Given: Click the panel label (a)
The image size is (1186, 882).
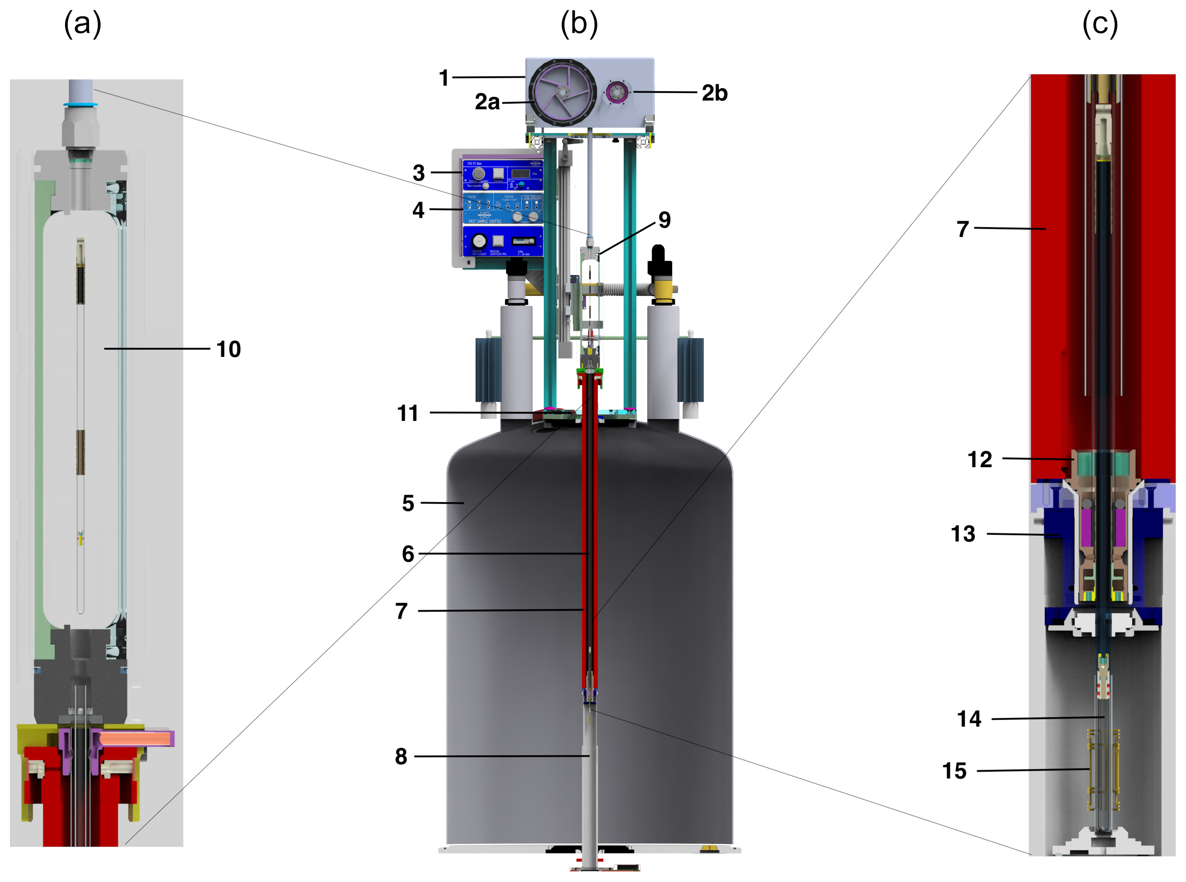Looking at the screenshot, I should coord(83,24).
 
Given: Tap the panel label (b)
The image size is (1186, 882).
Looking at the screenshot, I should coord(579,24).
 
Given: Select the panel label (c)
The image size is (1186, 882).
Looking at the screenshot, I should coord(1100,24).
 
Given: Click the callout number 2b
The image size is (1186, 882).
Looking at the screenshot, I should coord(714,93).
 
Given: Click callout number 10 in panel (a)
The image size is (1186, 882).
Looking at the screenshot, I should coord(228,349).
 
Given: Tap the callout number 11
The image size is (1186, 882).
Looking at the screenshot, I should coord(408,413).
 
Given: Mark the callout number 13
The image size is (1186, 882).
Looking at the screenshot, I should coord(963,534).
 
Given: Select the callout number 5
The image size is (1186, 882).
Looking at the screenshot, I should coord(408,503).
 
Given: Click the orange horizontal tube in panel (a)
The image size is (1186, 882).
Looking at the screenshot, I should coord(136,739).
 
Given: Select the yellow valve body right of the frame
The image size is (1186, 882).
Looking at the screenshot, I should coord(662,289).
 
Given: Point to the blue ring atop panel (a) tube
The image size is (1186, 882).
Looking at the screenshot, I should coord(80,104).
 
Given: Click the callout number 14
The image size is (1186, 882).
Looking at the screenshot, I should coord(969,719).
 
